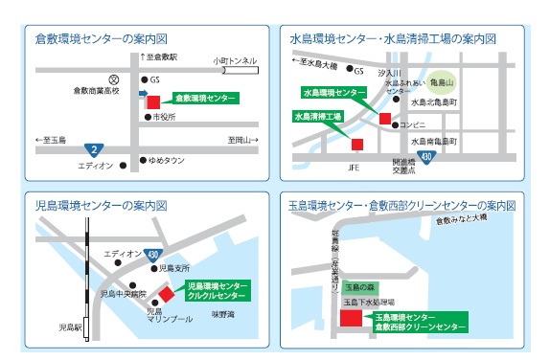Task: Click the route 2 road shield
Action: click(x=94, y=149)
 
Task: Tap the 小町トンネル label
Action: click(x=234, y=57)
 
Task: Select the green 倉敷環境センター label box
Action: click(x=205, y=98)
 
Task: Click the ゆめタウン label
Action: click(x=169, y=160)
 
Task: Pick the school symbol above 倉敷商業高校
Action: click(x=113, y=79)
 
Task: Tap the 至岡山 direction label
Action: click(x=242, y=141)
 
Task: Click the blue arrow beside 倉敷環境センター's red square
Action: click(x=143, y=94)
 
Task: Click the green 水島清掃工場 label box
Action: click(x=317, y=117)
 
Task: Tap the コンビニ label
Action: click(x=413, y=124)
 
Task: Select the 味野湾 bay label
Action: click(x=222, y=313)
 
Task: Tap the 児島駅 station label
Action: click(x=71, y=326)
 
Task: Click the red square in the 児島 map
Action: click(x=168, y=293)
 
